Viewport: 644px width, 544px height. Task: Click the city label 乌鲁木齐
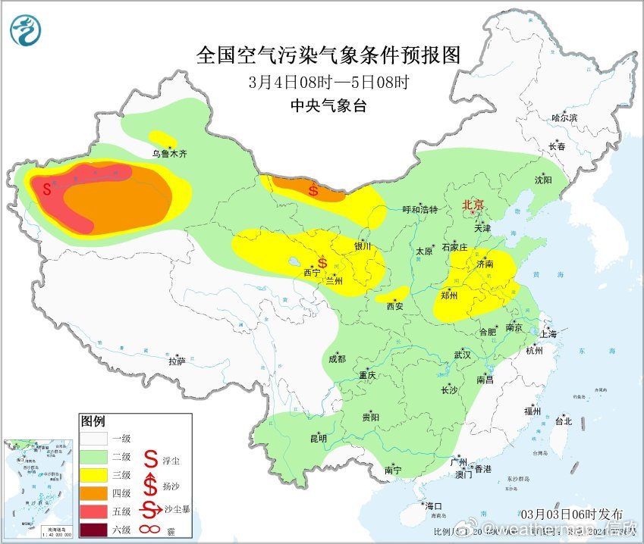point(168,153)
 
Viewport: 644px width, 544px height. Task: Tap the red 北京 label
point(473,205)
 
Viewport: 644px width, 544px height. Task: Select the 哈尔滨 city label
point(564,118)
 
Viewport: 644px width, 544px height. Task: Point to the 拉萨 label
point(177,361)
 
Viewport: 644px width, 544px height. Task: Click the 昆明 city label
point(318,438)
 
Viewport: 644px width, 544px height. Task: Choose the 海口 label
point(433,506)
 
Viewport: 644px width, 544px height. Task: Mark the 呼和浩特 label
point(419,209)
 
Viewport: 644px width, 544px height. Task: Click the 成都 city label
point(338,359)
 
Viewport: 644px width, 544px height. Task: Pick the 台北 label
point(563,421)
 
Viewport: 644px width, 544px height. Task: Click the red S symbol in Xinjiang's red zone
point(47,188)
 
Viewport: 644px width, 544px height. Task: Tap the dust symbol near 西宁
point(322,263)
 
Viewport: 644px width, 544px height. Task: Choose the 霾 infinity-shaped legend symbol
point(152,528)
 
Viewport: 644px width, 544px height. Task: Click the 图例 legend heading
point(93,421)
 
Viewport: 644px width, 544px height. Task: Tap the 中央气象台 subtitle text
point(328,106)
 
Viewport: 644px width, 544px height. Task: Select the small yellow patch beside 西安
point(391,295)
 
